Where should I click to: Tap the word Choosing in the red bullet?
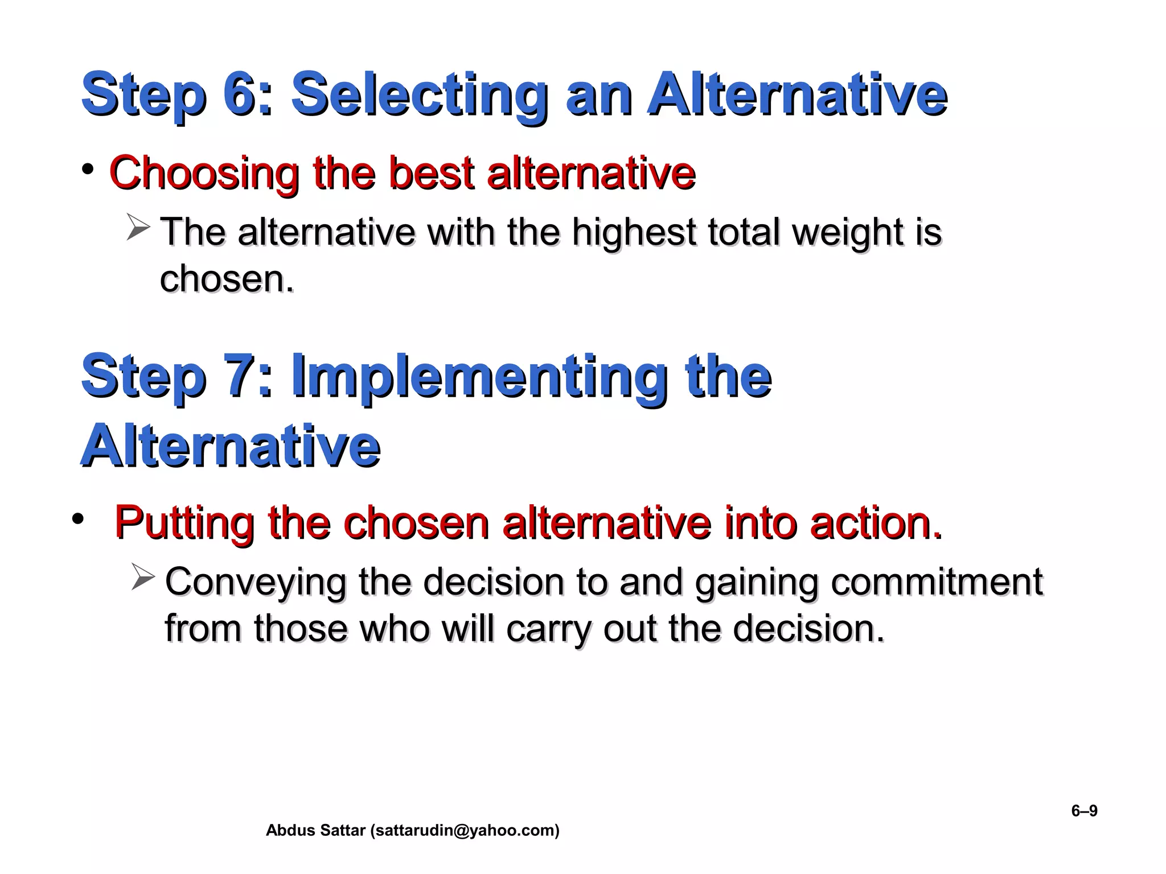tap(204, 173)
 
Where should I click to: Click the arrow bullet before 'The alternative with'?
tap(138, 228)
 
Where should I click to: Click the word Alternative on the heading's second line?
tap(230, 446)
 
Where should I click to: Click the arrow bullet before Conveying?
tap(142, 577)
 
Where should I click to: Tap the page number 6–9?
tap(1084, 810)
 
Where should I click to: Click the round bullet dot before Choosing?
tap(87, 170)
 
